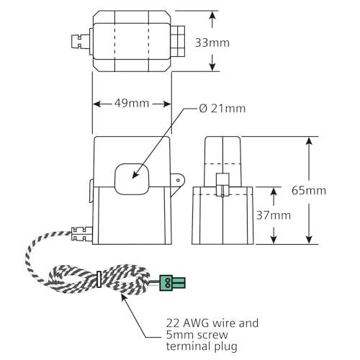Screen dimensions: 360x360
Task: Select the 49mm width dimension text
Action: (x=132, y=103)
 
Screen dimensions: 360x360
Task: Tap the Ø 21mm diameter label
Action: (x=222, y=109)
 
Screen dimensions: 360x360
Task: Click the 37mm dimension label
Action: (x=274, y=215)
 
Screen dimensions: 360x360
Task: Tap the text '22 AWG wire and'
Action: (x=210, y=323)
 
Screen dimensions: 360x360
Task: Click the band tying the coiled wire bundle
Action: (x=98, y=279)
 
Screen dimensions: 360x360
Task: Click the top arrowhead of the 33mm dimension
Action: (x=213, y=14)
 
